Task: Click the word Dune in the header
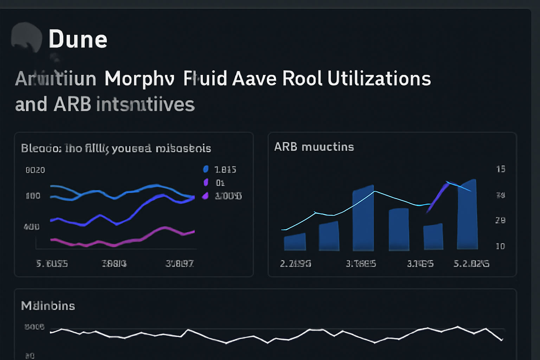click(78, 39)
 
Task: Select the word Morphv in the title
click(139, 78)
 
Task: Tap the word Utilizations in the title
click(379, 78)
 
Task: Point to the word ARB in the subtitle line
click(72, 104)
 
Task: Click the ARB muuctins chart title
click(314, 147)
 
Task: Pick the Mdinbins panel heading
click(48, 306)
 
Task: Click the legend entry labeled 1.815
click(225, 169)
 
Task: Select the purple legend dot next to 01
click(206, 182)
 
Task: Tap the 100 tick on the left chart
click(33, 196)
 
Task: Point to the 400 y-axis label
click(32, 227)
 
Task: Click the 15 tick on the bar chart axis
click(501, 169)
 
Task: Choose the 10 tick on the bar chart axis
click(500, 246)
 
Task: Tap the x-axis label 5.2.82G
click(471, 264)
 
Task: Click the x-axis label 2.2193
click(295, 264)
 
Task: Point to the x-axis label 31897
click(180, 263)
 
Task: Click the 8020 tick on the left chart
click(35, 170)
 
